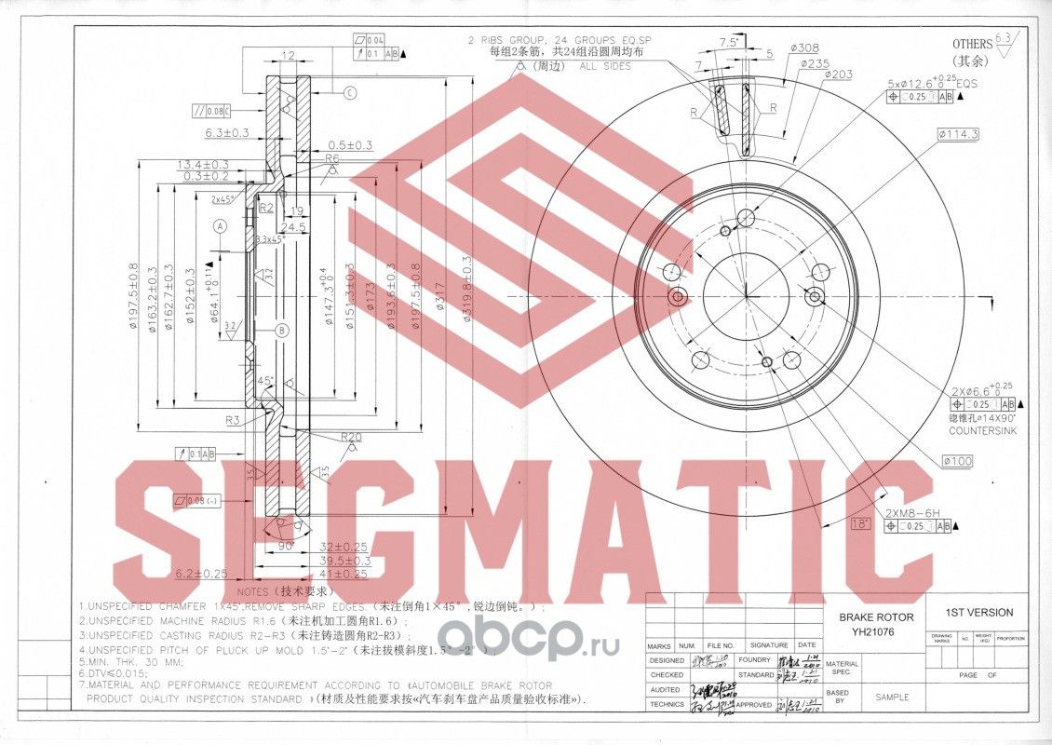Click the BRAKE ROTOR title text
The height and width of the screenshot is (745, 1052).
[876, 616]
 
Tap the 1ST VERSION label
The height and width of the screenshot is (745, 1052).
[978, 612]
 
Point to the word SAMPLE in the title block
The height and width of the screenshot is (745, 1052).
[891, 697]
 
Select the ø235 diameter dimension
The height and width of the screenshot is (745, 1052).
[814, 62]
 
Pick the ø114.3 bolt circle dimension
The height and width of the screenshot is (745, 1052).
[958, 134]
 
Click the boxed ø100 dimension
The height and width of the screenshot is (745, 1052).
[957, 461]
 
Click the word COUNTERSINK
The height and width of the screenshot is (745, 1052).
[982, 432]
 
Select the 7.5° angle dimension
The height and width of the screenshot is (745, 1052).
[729, 41]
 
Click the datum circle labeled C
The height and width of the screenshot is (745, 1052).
[350, 92]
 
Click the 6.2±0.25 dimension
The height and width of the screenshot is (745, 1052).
[201, 573]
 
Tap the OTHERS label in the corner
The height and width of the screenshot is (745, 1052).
[973, 44]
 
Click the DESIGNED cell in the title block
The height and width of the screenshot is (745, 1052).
[667, 659]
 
